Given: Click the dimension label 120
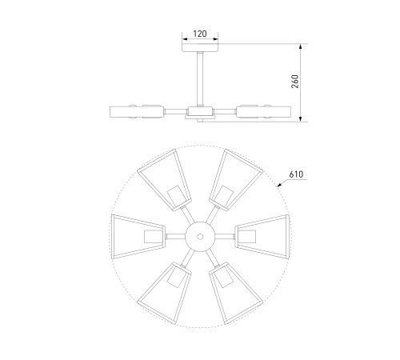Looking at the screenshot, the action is tap(200, 34).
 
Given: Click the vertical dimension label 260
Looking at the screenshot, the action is tap(295, 82).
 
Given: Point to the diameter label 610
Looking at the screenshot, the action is tap(296, 174).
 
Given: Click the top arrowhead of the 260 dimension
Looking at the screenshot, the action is tap(301, 47).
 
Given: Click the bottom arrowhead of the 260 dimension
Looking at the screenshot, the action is tap(301, 118).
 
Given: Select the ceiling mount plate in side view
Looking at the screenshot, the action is tap(200, 47).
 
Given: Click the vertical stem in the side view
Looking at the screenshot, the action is tap(200, 79).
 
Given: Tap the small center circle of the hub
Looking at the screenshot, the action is tap(200, 237).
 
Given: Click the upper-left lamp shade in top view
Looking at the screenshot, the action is tap(165, 181).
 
